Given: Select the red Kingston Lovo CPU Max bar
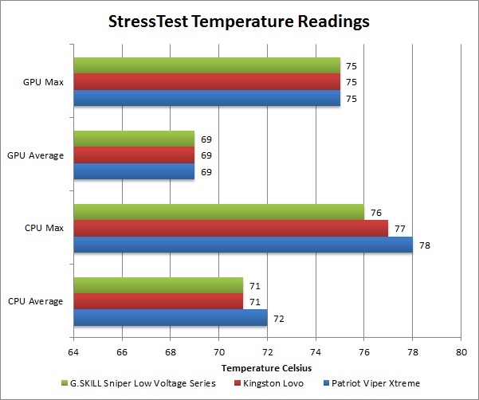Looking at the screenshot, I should [230, 228].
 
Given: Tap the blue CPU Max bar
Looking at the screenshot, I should [242, 245].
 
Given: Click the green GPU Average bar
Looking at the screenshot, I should [133, 139].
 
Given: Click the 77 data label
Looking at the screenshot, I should [399, 229].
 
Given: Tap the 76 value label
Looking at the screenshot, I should [375, 212].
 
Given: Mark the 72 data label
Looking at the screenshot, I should [279, 319].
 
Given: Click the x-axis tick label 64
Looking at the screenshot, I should [73, 351].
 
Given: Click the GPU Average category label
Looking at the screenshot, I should [35, 155].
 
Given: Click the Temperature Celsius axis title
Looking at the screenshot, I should [266, 367].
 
